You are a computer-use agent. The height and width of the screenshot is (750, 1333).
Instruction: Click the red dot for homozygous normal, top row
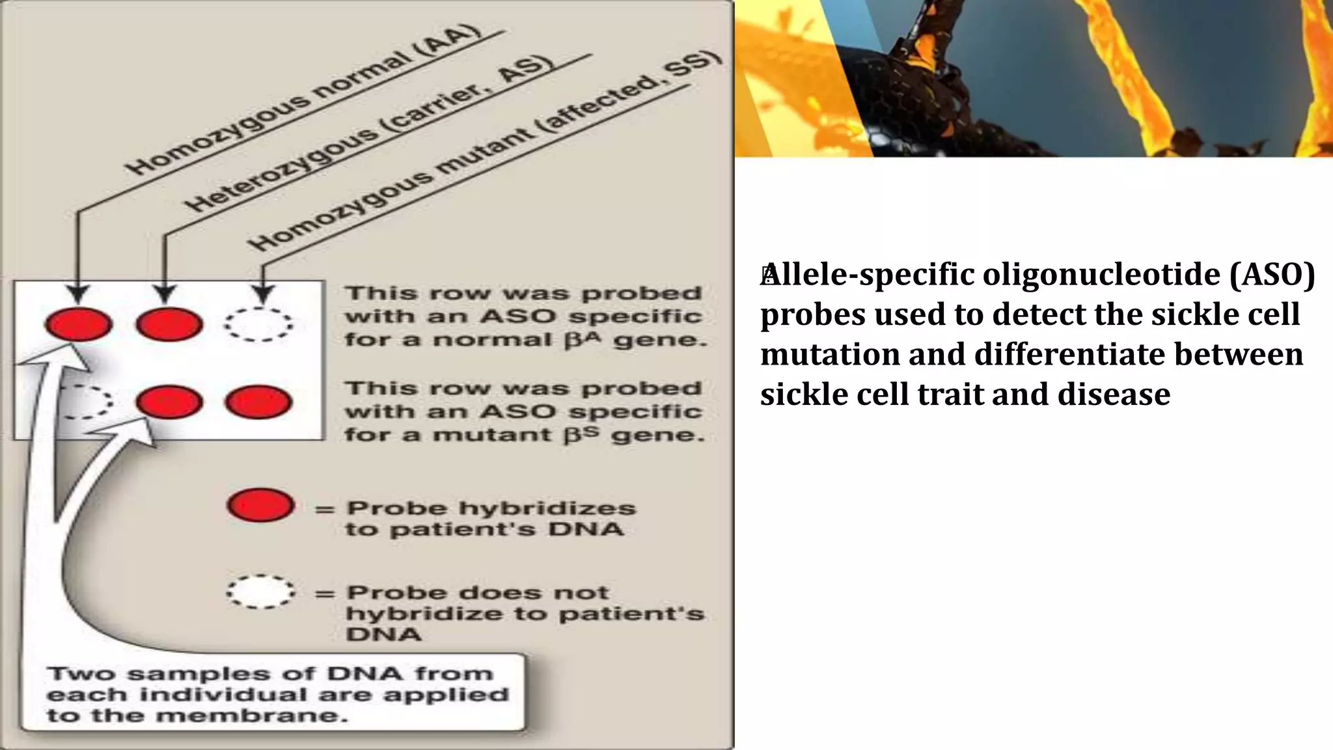pyautogui.click(x=79, y=324)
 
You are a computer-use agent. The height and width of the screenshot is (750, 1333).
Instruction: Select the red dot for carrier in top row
pyautogui.click(x=169, y=324)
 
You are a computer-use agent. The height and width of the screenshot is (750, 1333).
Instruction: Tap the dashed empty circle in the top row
pyautogui.click(x=259, y=324)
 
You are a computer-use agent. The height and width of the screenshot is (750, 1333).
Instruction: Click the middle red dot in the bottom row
pyautogui.click(x=169, y=402)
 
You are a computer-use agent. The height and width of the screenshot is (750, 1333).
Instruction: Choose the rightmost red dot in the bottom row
pyautogui.click(x=258, y=402)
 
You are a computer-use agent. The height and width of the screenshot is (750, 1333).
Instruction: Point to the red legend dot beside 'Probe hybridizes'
pyautogui.click(x=260, y=506)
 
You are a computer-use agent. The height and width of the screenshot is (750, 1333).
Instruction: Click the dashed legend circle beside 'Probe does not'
pyautogui.click(x=260, y=591)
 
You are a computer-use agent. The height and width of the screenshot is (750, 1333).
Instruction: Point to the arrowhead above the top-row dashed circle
pyautogui.click(x=262, y=293)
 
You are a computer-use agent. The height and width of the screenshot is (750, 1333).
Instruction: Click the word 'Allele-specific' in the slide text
pyautogui.click(x=868, y=275)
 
